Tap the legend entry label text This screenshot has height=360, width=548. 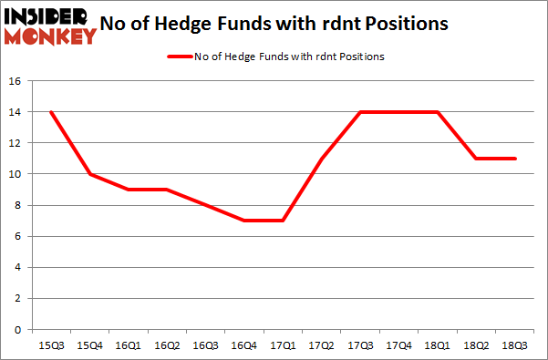[289, 57]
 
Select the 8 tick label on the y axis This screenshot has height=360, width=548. [17, 206]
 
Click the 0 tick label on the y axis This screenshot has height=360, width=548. [17, 330]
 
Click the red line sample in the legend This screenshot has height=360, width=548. [179, 57]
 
